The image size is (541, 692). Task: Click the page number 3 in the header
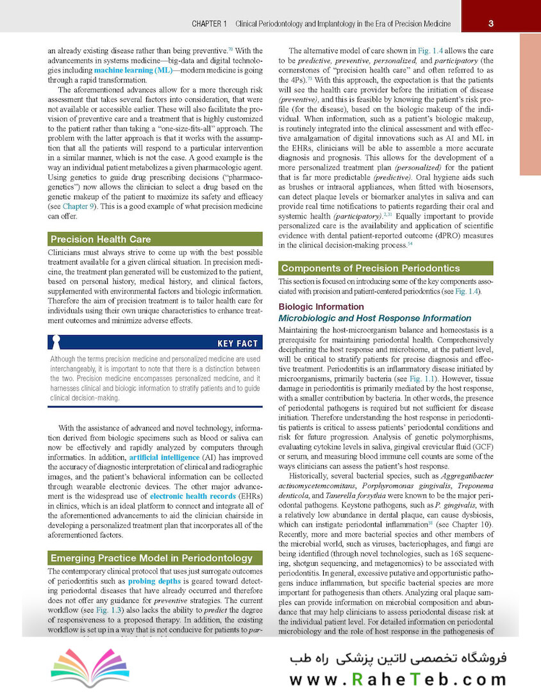[x=490, y=24]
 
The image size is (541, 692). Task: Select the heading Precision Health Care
[x=101, y=240]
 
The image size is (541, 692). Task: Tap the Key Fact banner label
[x=237, y=344]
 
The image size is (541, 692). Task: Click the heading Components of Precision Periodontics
[x=370, y=268]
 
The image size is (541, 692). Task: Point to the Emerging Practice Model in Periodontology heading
[x=143, y=558]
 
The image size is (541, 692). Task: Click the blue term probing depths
[x=154, y=581]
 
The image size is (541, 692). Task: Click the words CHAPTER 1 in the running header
[x=210, y=24]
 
